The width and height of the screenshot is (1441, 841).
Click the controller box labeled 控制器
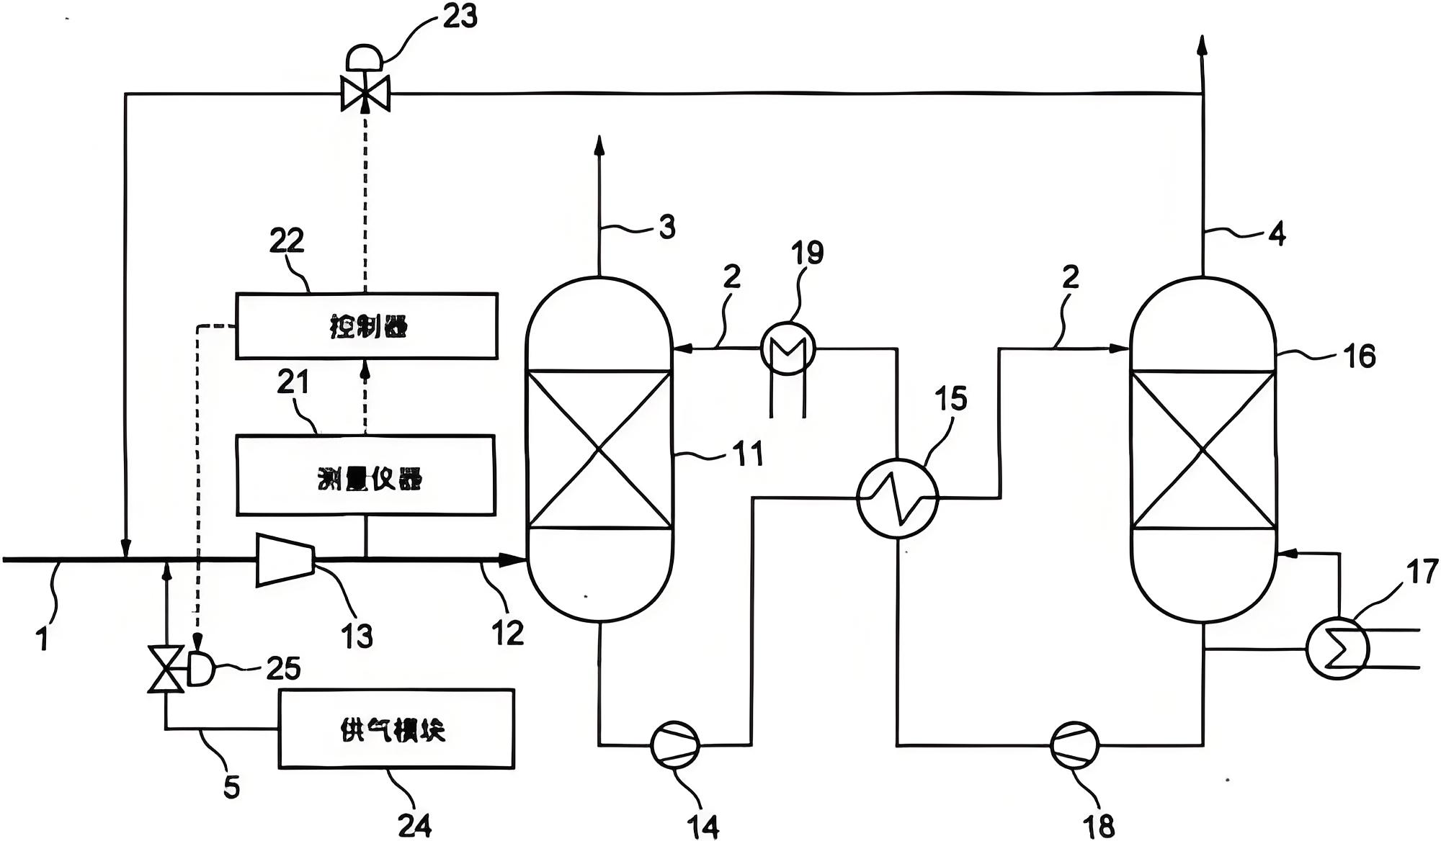click(366, 325)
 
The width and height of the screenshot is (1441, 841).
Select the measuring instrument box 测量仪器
click(366, 475)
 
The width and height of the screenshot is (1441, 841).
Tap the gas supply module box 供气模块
click(396, 729)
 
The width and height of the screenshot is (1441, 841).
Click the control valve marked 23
click(365, 93)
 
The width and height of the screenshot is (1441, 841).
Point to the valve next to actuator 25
click(166, 670)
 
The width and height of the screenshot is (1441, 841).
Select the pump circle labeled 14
click(675, 745)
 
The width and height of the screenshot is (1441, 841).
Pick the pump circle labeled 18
click(1074, 745)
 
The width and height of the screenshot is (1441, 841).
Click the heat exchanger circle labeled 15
click(898, 498)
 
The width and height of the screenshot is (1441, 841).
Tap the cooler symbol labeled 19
click(788, 348)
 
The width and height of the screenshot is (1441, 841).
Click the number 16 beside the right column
click(1360, 356)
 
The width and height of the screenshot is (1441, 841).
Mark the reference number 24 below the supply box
click(415, 824)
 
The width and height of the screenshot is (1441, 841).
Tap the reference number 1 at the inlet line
click(43, 638)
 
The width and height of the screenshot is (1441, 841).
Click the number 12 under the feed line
click(507, 632)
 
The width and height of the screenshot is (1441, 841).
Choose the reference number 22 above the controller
click(287, 240)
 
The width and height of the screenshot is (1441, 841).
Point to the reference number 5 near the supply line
click(231, 787)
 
